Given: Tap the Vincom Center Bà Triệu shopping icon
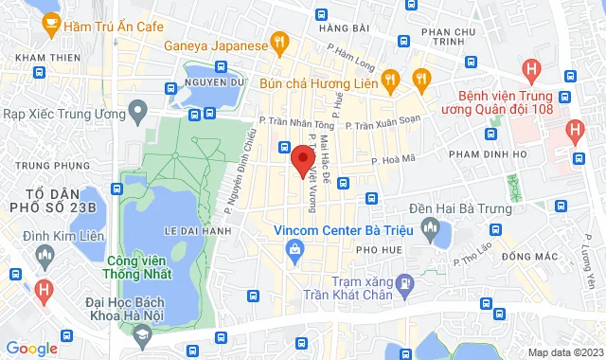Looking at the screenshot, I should click(x=294, y=248).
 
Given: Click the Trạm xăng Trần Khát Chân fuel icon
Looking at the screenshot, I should click(x=404, y=281).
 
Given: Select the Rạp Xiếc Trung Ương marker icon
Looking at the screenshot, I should click(x=137, y=113).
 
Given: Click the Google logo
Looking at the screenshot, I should click(x=31, y=348).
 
